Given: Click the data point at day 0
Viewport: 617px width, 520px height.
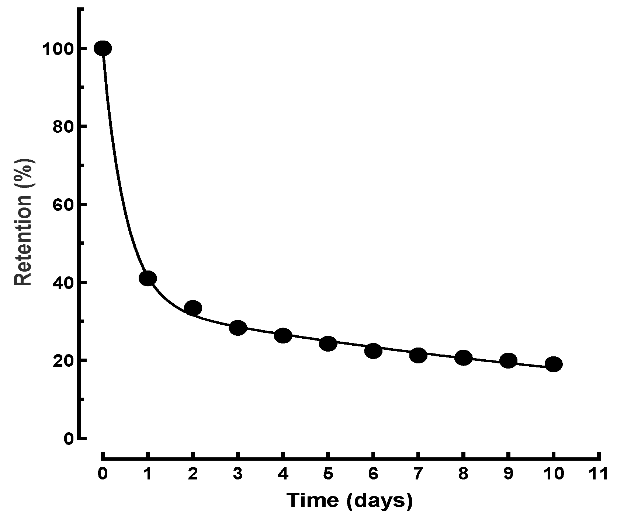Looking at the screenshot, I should coord(103,48).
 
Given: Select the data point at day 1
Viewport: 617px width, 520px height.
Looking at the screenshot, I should coord(148,278).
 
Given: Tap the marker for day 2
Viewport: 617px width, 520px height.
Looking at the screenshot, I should coord(193,308).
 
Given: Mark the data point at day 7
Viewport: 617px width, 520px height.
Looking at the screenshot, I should coord(418,355).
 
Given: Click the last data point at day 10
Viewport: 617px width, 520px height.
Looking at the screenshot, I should coord(554,364).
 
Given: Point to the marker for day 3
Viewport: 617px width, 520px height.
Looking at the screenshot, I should coord(238,328).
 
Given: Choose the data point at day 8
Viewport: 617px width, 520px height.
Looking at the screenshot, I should coord(464,358).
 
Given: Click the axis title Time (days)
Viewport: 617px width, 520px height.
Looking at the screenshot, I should coord(349,501).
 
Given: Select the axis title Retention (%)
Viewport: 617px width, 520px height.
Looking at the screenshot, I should coord(24,222).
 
